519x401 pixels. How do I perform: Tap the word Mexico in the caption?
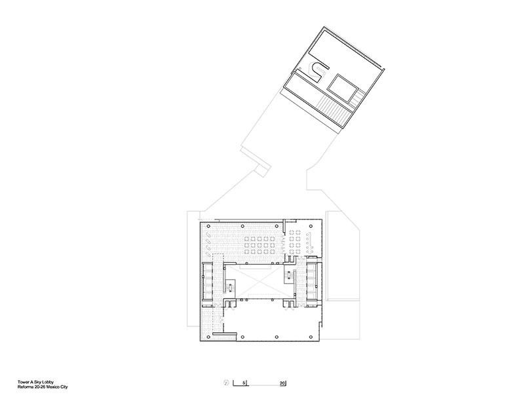(52, 387)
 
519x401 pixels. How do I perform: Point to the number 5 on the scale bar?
(244, 383)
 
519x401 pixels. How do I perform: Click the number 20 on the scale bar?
(282, 383)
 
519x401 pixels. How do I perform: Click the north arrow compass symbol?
(227, 383)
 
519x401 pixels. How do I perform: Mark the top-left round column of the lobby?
(208, 226)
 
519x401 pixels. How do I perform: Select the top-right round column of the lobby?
(311, 226)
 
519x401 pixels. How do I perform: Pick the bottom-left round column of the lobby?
(208, 337)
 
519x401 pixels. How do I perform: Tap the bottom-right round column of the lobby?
(311, 337)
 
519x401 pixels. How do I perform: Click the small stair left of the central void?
(230, 287)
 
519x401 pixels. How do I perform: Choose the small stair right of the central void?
(289, 277)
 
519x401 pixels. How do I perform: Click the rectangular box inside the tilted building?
(343, 88)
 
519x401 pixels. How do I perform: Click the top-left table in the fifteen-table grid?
(246, 239)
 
